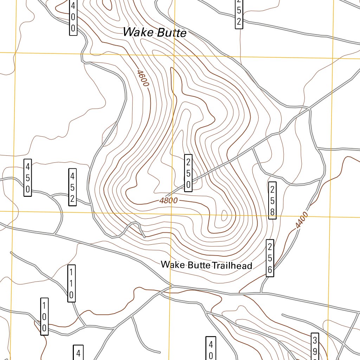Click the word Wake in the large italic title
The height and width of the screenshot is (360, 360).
click(x=138, y=32)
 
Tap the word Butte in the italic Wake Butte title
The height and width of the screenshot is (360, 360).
click(x=171, y=33)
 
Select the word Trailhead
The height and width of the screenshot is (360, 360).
click(x=232, y=265)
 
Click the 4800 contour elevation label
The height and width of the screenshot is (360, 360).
click(x=168, y=201)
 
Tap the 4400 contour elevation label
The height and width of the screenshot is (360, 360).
click(x=302, y=220)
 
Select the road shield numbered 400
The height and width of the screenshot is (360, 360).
click(x=73, y=17)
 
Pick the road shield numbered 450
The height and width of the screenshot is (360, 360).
click(x=28, y=178)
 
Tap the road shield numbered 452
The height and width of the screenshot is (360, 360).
click(x=72, y=187)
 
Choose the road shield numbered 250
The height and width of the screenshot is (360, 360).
click(x=188, y=173)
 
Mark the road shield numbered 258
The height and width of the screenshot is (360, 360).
click(x=272, y=200)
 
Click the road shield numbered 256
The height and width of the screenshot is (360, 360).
click(x=270, y=258)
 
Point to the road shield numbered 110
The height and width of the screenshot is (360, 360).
click(x=71, y=283)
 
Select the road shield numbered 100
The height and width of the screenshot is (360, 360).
click(x=44, y=316)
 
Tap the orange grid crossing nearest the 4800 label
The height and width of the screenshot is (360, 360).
click(x=171, y=213)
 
